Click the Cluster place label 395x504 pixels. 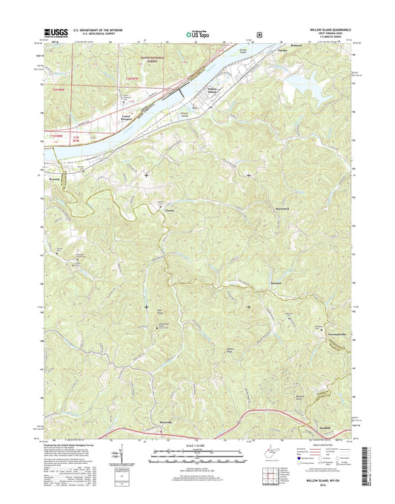click(x=169, y=210)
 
